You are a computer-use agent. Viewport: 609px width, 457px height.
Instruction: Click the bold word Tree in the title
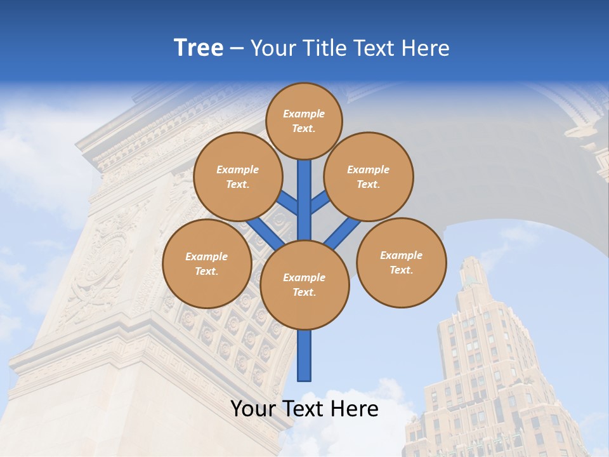click(199, 48)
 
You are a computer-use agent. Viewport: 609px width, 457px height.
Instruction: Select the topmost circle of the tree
click(304, 121)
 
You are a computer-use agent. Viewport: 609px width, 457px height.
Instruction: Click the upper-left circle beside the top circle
click(238, 177)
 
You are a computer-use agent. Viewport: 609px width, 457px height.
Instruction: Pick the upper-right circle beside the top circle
click(369, 177)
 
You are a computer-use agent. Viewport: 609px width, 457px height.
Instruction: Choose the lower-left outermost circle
click(207, 264)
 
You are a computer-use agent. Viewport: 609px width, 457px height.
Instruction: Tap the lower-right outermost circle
click(402, 263)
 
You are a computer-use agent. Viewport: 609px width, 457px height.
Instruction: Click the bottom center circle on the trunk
click(304, 285)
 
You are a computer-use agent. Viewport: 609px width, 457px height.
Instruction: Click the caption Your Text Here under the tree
click(304, 409)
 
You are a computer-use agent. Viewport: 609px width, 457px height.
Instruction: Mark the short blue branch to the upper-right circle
click(320, 202)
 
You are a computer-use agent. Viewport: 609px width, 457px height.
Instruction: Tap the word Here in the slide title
click(426, 48)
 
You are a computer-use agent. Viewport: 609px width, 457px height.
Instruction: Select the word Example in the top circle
click(304, 114)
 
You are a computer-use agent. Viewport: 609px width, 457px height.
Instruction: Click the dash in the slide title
click(237, 48)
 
